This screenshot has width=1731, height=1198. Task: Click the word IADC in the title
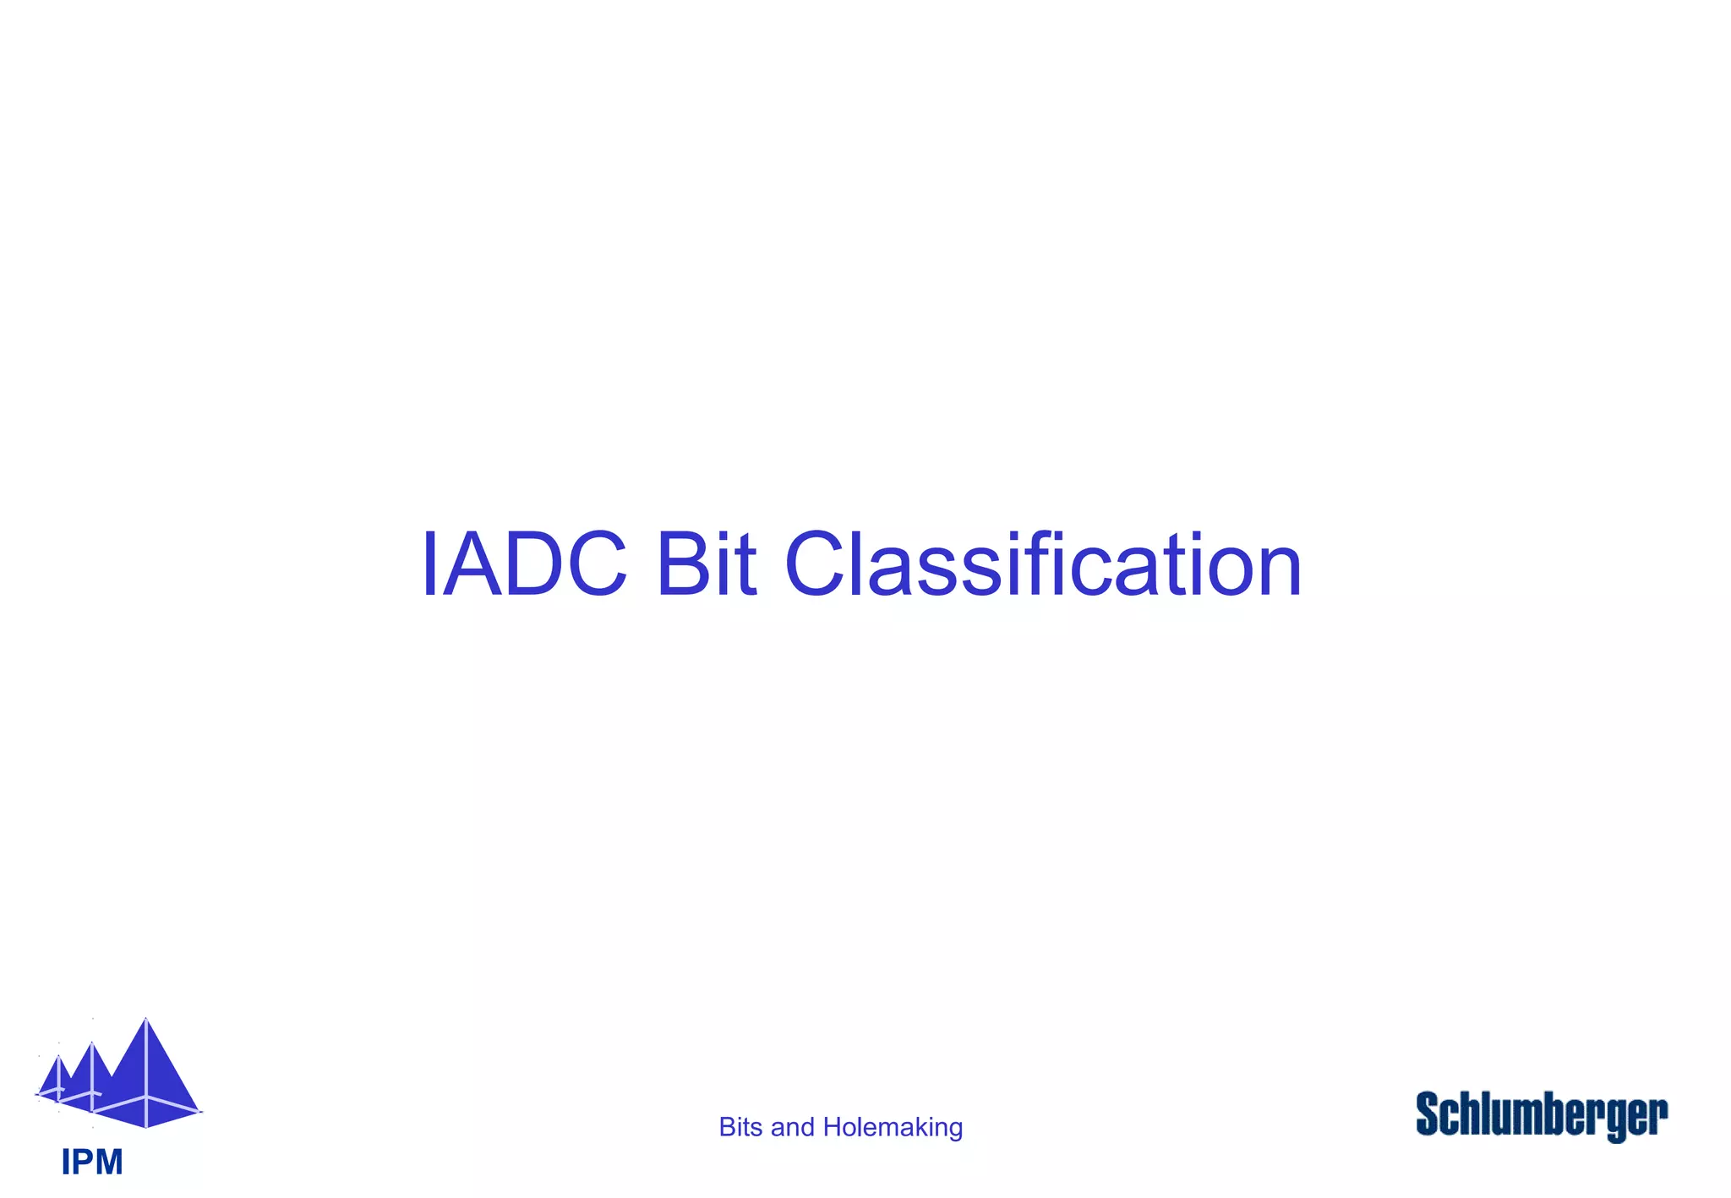[524, 564]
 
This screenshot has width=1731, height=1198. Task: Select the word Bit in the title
[705, 564]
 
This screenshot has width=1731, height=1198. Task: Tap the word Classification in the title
[1043, 564]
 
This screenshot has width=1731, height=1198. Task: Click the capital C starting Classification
[815, 564]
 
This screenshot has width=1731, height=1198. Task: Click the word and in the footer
[793, 1127]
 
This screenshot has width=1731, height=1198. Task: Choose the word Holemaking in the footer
[893, 1127]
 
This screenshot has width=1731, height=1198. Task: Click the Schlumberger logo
[1542, 1115]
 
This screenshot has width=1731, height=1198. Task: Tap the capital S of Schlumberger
[1428, 1113]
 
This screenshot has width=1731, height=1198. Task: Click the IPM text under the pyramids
[92, 1163]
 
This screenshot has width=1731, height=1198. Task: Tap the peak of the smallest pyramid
[58, 1056]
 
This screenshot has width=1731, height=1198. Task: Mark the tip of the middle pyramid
[92, 1043]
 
